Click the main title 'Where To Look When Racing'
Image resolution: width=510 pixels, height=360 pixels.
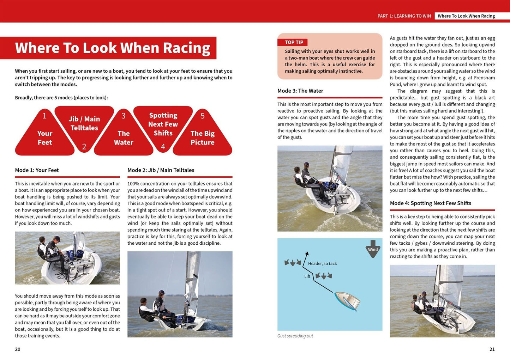click(x=112, y=48)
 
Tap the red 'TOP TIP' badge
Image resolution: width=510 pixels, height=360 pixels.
click(x=294, y=42)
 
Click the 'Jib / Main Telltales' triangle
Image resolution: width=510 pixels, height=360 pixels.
click(x=84, y=124)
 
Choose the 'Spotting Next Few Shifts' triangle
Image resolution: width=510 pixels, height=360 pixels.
click(x=163, y=124)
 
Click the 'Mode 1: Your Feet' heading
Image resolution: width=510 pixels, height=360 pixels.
click(x=37, y=170)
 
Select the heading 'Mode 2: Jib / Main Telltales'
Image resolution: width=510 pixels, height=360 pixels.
click(x=161, y=170)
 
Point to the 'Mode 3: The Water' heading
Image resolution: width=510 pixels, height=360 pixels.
click(x=300, y=91)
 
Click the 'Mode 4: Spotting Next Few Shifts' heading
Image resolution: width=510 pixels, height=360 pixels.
click(x=430, y=203)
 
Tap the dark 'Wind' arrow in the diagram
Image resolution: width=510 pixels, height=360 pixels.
click(x=373, y=249)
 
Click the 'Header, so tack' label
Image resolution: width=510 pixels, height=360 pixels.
click(x=322, y=263)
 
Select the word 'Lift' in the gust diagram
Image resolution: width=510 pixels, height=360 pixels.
click(x=307, y=276)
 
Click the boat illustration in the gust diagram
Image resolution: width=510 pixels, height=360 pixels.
click(x=347, y=300)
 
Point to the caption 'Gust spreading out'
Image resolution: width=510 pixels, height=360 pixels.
click(x=295, y=336)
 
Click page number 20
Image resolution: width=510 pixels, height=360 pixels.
click(x=18, y=349)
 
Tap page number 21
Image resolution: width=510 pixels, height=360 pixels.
click(x=492, y=349)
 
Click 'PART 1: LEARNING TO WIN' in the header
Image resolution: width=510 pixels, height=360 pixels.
click(x=404, y=16)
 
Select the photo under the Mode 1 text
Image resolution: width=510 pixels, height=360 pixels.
click(x=67, y=258)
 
